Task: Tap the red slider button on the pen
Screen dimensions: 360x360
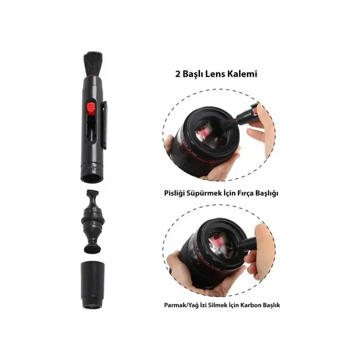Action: pyautogui.click(x=92, y=108)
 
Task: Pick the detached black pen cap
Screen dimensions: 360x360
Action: pyautogui.click(x=93, y=285)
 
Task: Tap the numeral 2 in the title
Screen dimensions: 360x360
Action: pyautogui.click(x=177, y=74)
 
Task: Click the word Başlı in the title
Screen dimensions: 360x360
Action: pyautogui.click(x=195, y=74)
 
